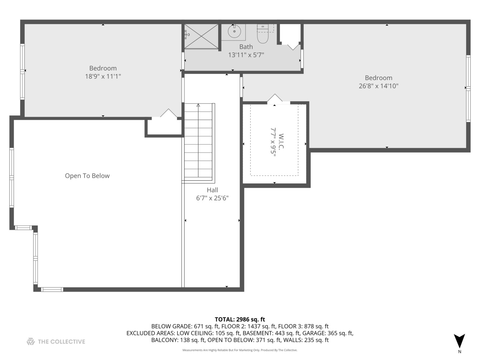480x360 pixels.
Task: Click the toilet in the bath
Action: (x=263, y=34)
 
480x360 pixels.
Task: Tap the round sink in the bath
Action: (x=234, y=32)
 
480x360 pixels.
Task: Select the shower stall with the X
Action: (x=201, y=36)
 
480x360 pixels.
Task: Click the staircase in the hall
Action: (x=198, y=142)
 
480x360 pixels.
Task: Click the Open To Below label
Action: (x=87, y=176)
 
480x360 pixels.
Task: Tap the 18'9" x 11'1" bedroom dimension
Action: (x=103, y=76)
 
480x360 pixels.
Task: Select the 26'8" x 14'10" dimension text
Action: (x=378, y=86)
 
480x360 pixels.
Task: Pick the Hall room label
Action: (x=212, y=190)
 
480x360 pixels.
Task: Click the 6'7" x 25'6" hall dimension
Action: (x=212, y=198)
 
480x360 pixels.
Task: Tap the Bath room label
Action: (x=246, y=47)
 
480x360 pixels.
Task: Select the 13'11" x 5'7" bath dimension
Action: (x=246, y=55)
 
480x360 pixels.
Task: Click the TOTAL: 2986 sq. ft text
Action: (x=240, y=319)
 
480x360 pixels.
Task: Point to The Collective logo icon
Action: (x=31, y=341)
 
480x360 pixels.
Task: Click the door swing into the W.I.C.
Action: (x=275, y=99)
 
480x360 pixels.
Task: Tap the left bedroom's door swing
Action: (x=169, y=113)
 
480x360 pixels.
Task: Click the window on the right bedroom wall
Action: (x=468, y=88)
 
